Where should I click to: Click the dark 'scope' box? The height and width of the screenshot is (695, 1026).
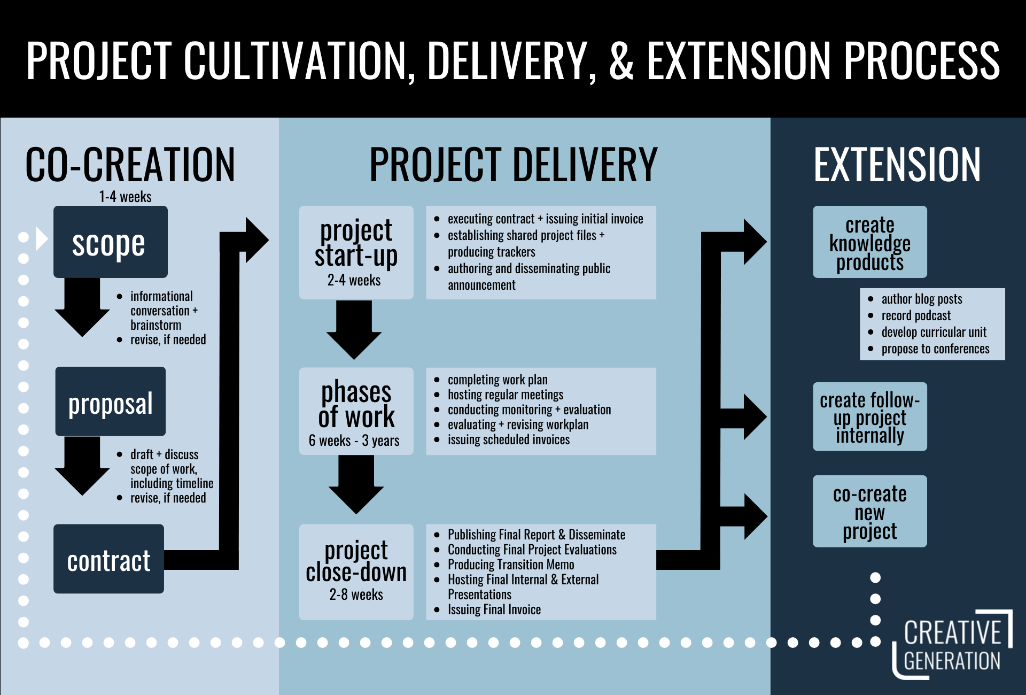pyautogui.click(x=110, y=242)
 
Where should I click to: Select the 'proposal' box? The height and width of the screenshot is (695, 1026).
pyautogui.click(x=110, y=401)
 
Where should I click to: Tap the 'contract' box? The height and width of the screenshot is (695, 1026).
pyautogui.click(x=108, y=559)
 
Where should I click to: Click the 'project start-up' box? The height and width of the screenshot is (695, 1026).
pyautogui.click(x=356, y=252)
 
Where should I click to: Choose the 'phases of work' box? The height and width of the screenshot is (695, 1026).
pyautogui.click(x=356, y=411)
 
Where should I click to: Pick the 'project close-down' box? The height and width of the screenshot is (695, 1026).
pyautogui.click(x=356, y=572)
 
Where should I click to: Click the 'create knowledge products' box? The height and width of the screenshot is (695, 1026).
pyautogui.click(x=869, y=242)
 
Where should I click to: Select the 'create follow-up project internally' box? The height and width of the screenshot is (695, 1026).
pyautogui.click(x=869, y=416)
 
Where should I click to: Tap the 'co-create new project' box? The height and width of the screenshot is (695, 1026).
pyautogui.click(x=869, y=511)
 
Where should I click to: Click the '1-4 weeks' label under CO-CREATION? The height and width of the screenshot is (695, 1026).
pyautogui.click(x=125, y=197)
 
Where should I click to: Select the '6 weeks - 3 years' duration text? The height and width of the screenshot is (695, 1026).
pyautogui.click(x=354, y=441)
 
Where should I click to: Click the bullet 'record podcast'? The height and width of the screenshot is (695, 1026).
pyautogui.click(x=916, y=315)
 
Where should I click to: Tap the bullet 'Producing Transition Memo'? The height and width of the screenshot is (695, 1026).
pyautogui.click(x=511, y=565)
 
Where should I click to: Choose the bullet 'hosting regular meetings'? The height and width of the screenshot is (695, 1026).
pyautogui.click(x=506, y=395)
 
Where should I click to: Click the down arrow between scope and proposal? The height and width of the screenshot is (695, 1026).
pyautogui.click(x=82, y=307)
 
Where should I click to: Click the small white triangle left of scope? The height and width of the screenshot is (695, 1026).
pyautogui.click(x=41, y=238)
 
